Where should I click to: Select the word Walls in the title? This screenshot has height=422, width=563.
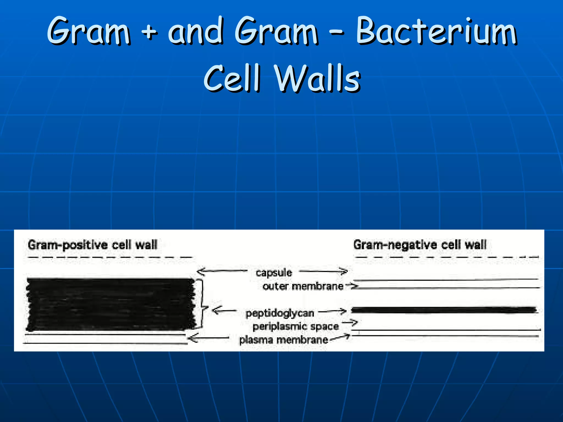click(x=317, y=78)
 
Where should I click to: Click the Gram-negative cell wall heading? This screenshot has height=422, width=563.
click(x=420, y=245)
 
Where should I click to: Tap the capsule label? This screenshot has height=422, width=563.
click(x=274, y=273)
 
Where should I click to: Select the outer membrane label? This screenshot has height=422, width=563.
click(x=303, y=286)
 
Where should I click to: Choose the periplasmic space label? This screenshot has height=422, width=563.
click(x=296, y=326)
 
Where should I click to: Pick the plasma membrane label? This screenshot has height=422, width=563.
click(x=283, y=340)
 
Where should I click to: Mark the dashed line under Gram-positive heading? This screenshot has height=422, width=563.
click(x=110, y=257)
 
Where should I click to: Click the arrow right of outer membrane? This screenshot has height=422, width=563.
click(x=352, y=286)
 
